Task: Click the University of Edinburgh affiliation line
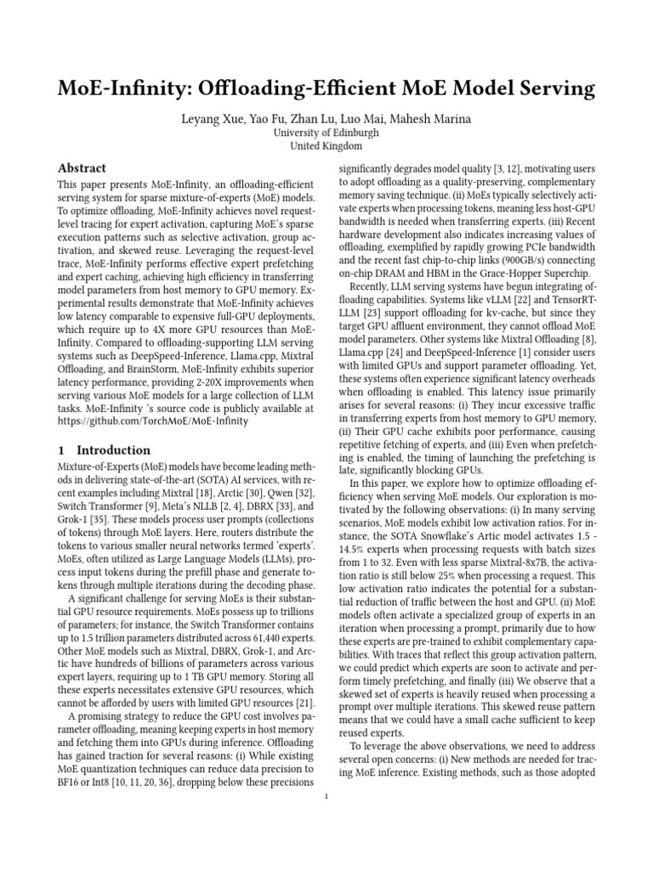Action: (x=326, y=133)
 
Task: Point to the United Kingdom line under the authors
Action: (x=326, y=146)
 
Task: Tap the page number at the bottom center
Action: (x=326, y=796)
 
